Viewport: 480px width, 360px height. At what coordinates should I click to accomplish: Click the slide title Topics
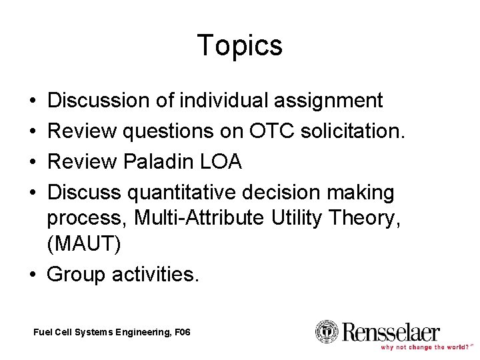pos(240,46)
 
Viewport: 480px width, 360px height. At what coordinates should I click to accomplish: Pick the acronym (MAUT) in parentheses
pos(84,244)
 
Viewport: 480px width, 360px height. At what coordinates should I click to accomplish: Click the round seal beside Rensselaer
pos(327,331)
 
